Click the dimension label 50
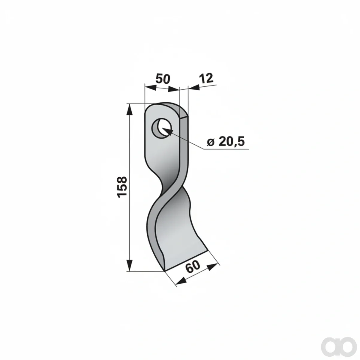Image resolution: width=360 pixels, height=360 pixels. coord(163,79)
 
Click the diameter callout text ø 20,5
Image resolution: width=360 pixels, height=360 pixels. coord(226,142)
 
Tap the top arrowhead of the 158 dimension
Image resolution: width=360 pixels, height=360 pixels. coord(130,110)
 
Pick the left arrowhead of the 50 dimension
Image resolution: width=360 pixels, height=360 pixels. coord(151,87)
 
